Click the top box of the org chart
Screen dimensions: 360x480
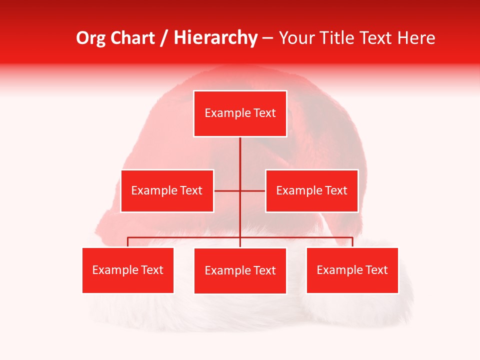pos(240,113)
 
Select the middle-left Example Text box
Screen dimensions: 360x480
pos(167,190)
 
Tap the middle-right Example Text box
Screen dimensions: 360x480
pos(311,190)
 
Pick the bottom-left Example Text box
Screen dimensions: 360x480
pos(127,270)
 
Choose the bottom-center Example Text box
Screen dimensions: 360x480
pos(240,270)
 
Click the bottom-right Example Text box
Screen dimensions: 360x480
pos(352,270)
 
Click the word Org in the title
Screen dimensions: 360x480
pos(91,38)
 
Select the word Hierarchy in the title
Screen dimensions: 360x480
pos(215,38)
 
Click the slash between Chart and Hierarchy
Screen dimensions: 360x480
pos(164,38)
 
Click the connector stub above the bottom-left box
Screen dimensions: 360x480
pos(127,242)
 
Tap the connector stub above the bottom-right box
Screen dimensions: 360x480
pos(352,242)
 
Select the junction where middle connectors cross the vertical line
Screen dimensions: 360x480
pos(240,190)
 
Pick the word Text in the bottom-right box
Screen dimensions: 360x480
pos(376,270)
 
